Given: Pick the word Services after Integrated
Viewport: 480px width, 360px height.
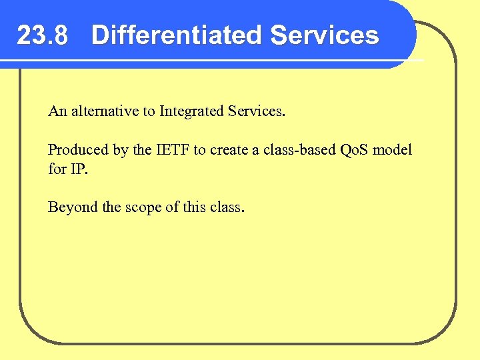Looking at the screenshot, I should [255, 111].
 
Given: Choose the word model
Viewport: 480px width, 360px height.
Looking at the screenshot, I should [393, 150].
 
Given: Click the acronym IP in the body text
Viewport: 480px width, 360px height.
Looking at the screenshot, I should [77, 169].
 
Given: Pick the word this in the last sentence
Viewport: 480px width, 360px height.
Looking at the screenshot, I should [195, 207].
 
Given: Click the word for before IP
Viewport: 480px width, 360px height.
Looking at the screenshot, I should [57, 169].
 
